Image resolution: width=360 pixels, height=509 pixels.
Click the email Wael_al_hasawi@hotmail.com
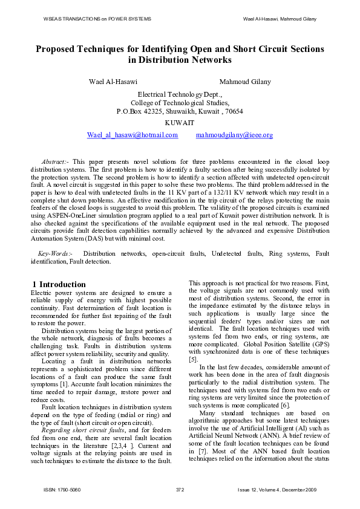pos(133,135)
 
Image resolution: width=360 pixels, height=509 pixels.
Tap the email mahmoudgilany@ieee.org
pos(234,135)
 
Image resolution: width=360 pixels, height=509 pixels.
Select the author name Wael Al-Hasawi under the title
pos(113,82)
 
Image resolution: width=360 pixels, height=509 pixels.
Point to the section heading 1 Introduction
pos(59,284)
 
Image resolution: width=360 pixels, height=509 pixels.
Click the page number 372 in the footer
pos(180,489)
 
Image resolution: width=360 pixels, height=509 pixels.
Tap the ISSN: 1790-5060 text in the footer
pos(62,489)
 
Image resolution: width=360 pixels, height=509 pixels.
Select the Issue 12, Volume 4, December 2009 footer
pos(277,489)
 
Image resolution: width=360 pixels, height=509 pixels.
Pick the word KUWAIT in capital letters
pos(180,122)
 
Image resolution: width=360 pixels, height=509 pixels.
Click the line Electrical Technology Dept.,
pos(180,94)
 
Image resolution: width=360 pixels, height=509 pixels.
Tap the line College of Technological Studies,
pos(180,103)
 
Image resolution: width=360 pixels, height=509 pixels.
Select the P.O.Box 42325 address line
pos(180,111)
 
